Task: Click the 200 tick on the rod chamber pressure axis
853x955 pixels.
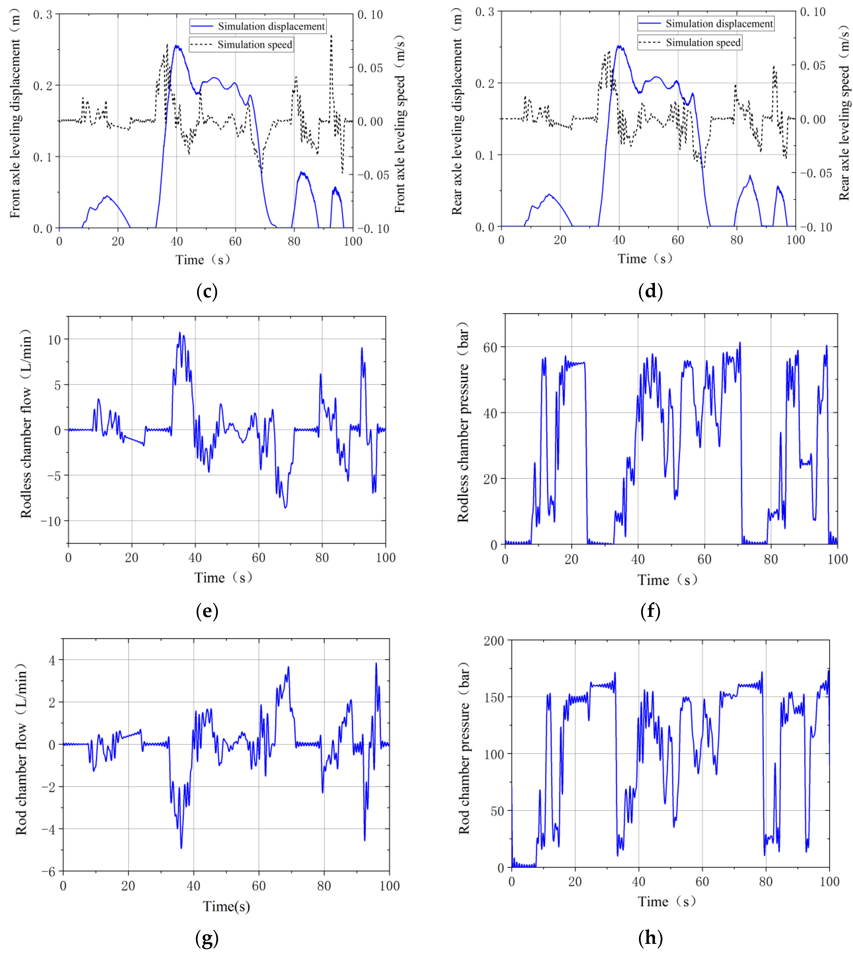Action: click(493, 641)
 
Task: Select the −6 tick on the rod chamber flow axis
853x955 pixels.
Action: click(48, 871)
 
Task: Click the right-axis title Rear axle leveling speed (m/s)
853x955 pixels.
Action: click(844, 113)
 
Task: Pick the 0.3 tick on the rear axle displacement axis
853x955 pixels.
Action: click(485, 11)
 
